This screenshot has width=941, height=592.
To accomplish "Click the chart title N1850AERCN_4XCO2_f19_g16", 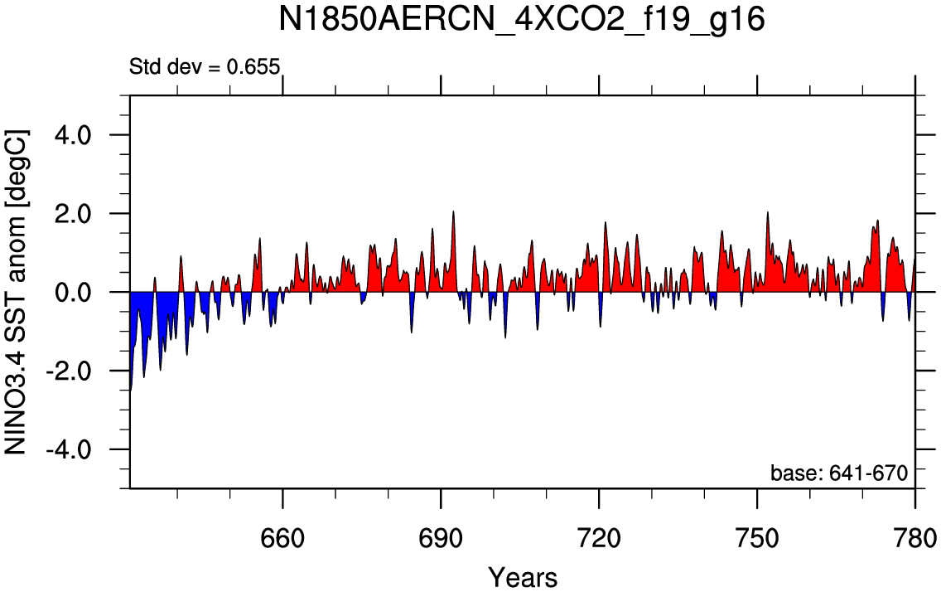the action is point(522,20).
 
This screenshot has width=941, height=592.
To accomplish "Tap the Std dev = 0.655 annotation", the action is point(205,66).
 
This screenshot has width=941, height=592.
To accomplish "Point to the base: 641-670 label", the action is point(839,473).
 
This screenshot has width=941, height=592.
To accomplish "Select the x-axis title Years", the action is point(523,578).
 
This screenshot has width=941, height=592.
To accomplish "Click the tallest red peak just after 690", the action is point(453,212).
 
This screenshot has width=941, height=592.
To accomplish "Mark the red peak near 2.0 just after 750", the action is point(768,212).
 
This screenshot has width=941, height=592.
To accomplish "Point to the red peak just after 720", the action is point(605,223).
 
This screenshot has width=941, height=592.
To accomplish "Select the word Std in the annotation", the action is point(145,66).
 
